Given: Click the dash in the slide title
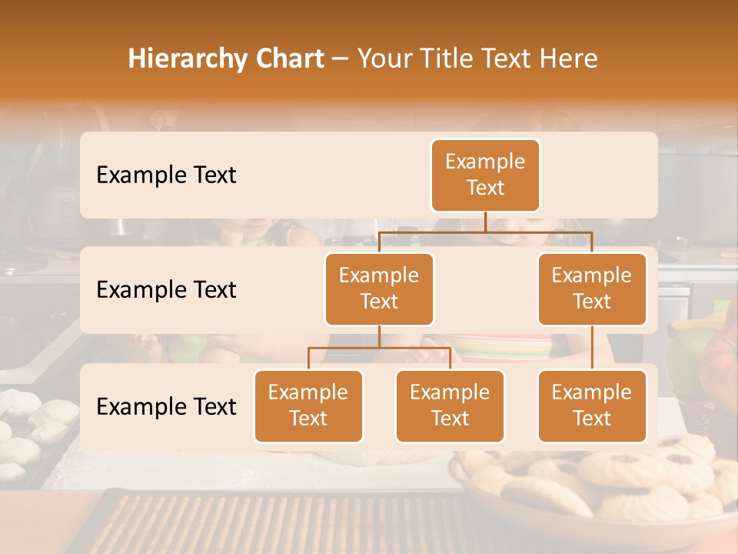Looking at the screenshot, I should click(x=341, y=59).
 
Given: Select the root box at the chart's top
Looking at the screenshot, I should click(x=485, y=175).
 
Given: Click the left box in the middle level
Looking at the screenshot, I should click(x=379, y=289).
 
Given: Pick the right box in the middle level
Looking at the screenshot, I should click(x=592, y=289).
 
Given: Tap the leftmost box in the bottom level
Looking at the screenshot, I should click(x=308, y=405).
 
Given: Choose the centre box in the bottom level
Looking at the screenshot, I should click(x=450, y=405).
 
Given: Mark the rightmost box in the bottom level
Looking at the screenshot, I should click(x=592, y=405).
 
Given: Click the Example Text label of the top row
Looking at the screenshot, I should click(x=166, y=175).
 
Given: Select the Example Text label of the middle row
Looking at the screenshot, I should click(x=166, y=290).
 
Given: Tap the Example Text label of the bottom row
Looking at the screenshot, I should click(x=166, y=407).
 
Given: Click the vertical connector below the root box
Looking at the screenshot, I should click(x=485, y=222).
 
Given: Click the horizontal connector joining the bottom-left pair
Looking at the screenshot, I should click(x=379, y=348).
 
